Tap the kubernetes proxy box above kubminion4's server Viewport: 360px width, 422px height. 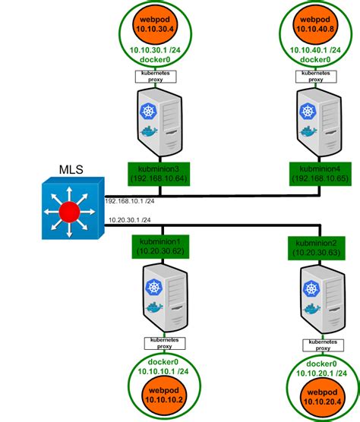(313, 76)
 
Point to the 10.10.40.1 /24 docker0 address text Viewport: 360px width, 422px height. (313, 51)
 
